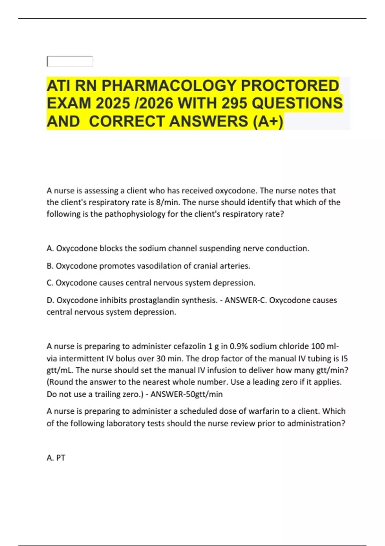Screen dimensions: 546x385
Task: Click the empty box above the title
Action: click(70, 61)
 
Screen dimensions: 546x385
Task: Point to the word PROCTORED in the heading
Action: click(290, 86)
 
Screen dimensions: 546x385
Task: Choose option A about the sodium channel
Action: click(178, 248)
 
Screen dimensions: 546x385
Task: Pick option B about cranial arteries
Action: click(148, 266)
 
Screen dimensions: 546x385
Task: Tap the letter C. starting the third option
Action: click(50, 283)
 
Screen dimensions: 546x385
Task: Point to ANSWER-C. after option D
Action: click(245, 300)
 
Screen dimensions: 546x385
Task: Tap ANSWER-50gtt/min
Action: click(186, 394)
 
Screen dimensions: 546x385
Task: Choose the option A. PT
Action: click(56, 458)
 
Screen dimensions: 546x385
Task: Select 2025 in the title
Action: click(113, 103)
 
